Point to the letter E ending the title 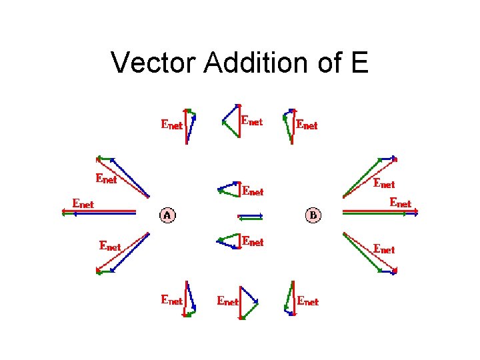[357, 63]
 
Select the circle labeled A [167, 215]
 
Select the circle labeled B [313, 215]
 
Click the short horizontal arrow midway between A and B [251, 216]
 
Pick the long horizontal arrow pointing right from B [380, 213]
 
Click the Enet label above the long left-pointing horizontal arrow [83, 203]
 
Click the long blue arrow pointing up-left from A [131, 178]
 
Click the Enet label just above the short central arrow [253, 191]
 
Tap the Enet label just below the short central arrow [253, 241]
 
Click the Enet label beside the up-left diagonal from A [107, 178]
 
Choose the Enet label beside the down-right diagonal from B [384, 249]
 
